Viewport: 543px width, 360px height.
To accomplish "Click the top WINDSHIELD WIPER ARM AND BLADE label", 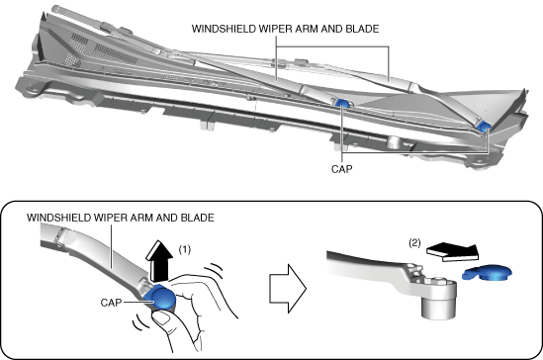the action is pyautogui.click(x=286, y=29).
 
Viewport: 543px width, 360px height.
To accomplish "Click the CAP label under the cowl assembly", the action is pyautogui.click(x=342, y=169).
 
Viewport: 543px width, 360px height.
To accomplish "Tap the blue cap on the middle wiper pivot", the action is pyautogui.click(x=342, y=103).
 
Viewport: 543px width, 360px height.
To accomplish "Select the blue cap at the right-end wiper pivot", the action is pyautogui.click(x=483, y=127).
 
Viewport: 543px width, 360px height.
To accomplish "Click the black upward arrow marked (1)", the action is pyautogui.click(x=159, y=260).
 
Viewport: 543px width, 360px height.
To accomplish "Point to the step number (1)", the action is pyautogui.click(x=185, y=249).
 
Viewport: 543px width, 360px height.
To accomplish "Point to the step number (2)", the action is pyautogui.click(x=414, y=243).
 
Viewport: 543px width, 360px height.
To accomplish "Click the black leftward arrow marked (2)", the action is pyautogui.click(x=453, y=252).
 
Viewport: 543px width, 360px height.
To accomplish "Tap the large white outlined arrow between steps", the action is pyautogui.click(x=288, y=289).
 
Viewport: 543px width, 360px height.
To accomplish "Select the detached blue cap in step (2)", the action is pyautogui.click(x=488, y=272).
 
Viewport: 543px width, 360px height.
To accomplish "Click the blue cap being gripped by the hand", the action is pyautogui.click(x=160, y=298).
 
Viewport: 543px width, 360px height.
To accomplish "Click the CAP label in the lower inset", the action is pyautogui.click(x=111, y=303).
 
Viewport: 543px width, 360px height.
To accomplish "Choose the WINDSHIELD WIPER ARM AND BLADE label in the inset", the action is pyautogui.click(x=121, y=218).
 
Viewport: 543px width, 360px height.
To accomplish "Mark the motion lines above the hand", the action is pyautogui.click(x=213, y=271).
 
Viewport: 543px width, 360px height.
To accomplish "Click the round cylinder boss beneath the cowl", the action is pyautogui.click(x=395, y=142).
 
